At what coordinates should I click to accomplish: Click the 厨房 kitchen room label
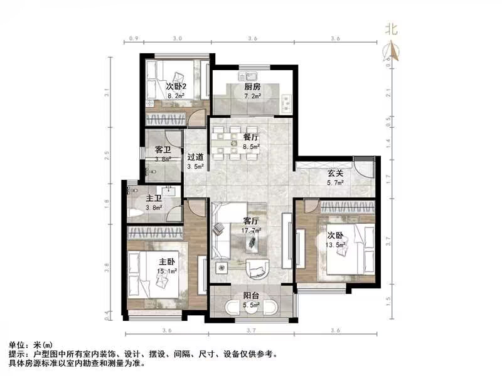252,87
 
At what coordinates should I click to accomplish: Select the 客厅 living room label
252,221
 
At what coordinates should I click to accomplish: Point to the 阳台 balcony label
252,296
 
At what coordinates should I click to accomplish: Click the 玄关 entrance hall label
335,174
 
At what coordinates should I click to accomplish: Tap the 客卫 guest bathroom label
163,150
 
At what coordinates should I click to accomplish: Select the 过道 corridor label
195,157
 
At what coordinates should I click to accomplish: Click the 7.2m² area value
252,97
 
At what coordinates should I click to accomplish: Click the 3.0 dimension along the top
178,39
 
